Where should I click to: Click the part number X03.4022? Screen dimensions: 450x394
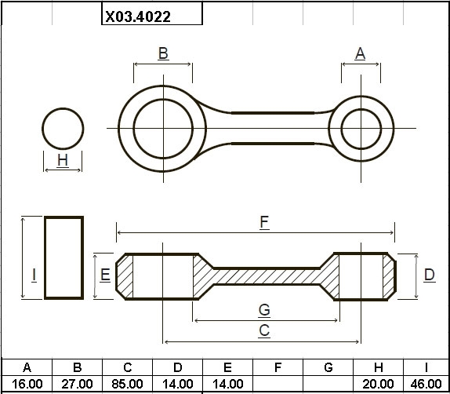138,16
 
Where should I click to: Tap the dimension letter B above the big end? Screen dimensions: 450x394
163,53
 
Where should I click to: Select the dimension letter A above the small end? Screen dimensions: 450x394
360,53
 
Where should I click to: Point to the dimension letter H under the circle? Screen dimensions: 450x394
63,160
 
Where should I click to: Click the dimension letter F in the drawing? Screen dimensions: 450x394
264,222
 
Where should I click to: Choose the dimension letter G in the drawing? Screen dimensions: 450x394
264,310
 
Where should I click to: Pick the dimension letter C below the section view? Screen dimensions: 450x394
264,330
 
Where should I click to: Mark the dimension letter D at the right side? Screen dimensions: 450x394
430,275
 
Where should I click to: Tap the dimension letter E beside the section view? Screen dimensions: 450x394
105,275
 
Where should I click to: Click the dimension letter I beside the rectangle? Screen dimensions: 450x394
34,275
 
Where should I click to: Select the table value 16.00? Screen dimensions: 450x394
27,384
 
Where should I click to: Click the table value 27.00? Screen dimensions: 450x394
77,384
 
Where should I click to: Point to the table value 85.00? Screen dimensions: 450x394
127,384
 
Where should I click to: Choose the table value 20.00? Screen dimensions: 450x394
378,384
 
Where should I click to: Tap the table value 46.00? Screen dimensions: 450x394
426,384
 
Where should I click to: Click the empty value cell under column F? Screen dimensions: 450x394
278,384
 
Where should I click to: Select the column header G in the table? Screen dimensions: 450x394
328,367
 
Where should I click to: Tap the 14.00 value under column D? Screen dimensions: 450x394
178,384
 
